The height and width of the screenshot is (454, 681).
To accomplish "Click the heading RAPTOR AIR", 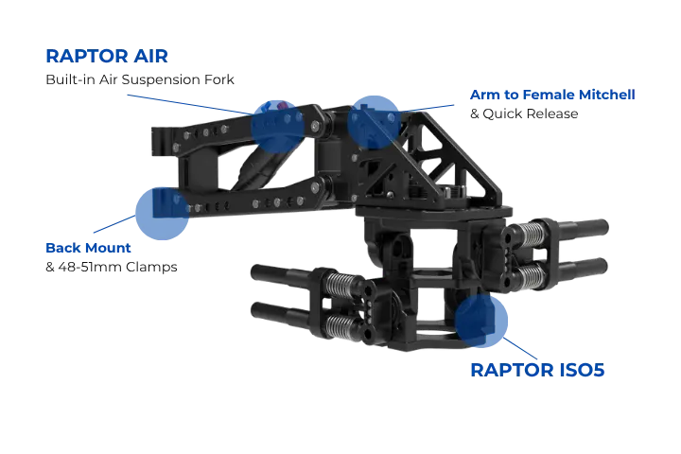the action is tap(107, 57).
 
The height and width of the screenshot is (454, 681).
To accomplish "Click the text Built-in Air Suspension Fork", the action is tap(140, 79).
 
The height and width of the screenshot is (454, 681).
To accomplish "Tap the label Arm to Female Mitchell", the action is tap(552, 95).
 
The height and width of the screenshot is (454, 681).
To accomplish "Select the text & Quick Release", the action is tap(524, 113).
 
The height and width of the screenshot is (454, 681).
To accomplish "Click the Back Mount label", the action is tap(88, 248).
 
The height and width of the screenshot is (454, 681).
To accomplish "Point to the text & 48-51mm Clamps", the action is tap(112, 267).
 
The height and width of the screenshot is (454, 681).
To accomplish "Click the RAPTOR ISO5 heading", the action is tap(537, 370).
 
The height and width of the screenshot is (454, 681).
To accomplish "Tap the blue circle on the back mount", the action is tap(162, 214).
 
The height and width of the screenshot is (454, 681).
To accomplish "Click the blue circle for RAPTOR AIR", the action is tap(278, 127).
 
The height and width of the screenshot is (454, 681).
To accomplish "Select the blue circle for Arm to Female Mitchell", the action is tap(374, 123).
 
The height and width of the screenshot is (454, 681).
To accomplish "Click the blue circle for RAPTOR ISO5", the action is tap(480, 321).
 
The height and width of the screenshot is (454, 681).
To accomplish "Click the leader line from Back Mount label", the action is tap(114, 224).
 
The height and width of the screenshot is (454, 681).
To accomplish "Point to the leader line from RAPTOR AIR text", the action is tap(190, 105).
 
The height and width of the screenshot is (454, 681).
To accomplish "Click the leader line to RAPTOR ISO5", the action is tap(520, 348).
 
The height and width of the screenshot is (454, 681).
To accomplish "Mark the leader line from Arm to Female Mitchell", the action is tap(427, 108).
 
